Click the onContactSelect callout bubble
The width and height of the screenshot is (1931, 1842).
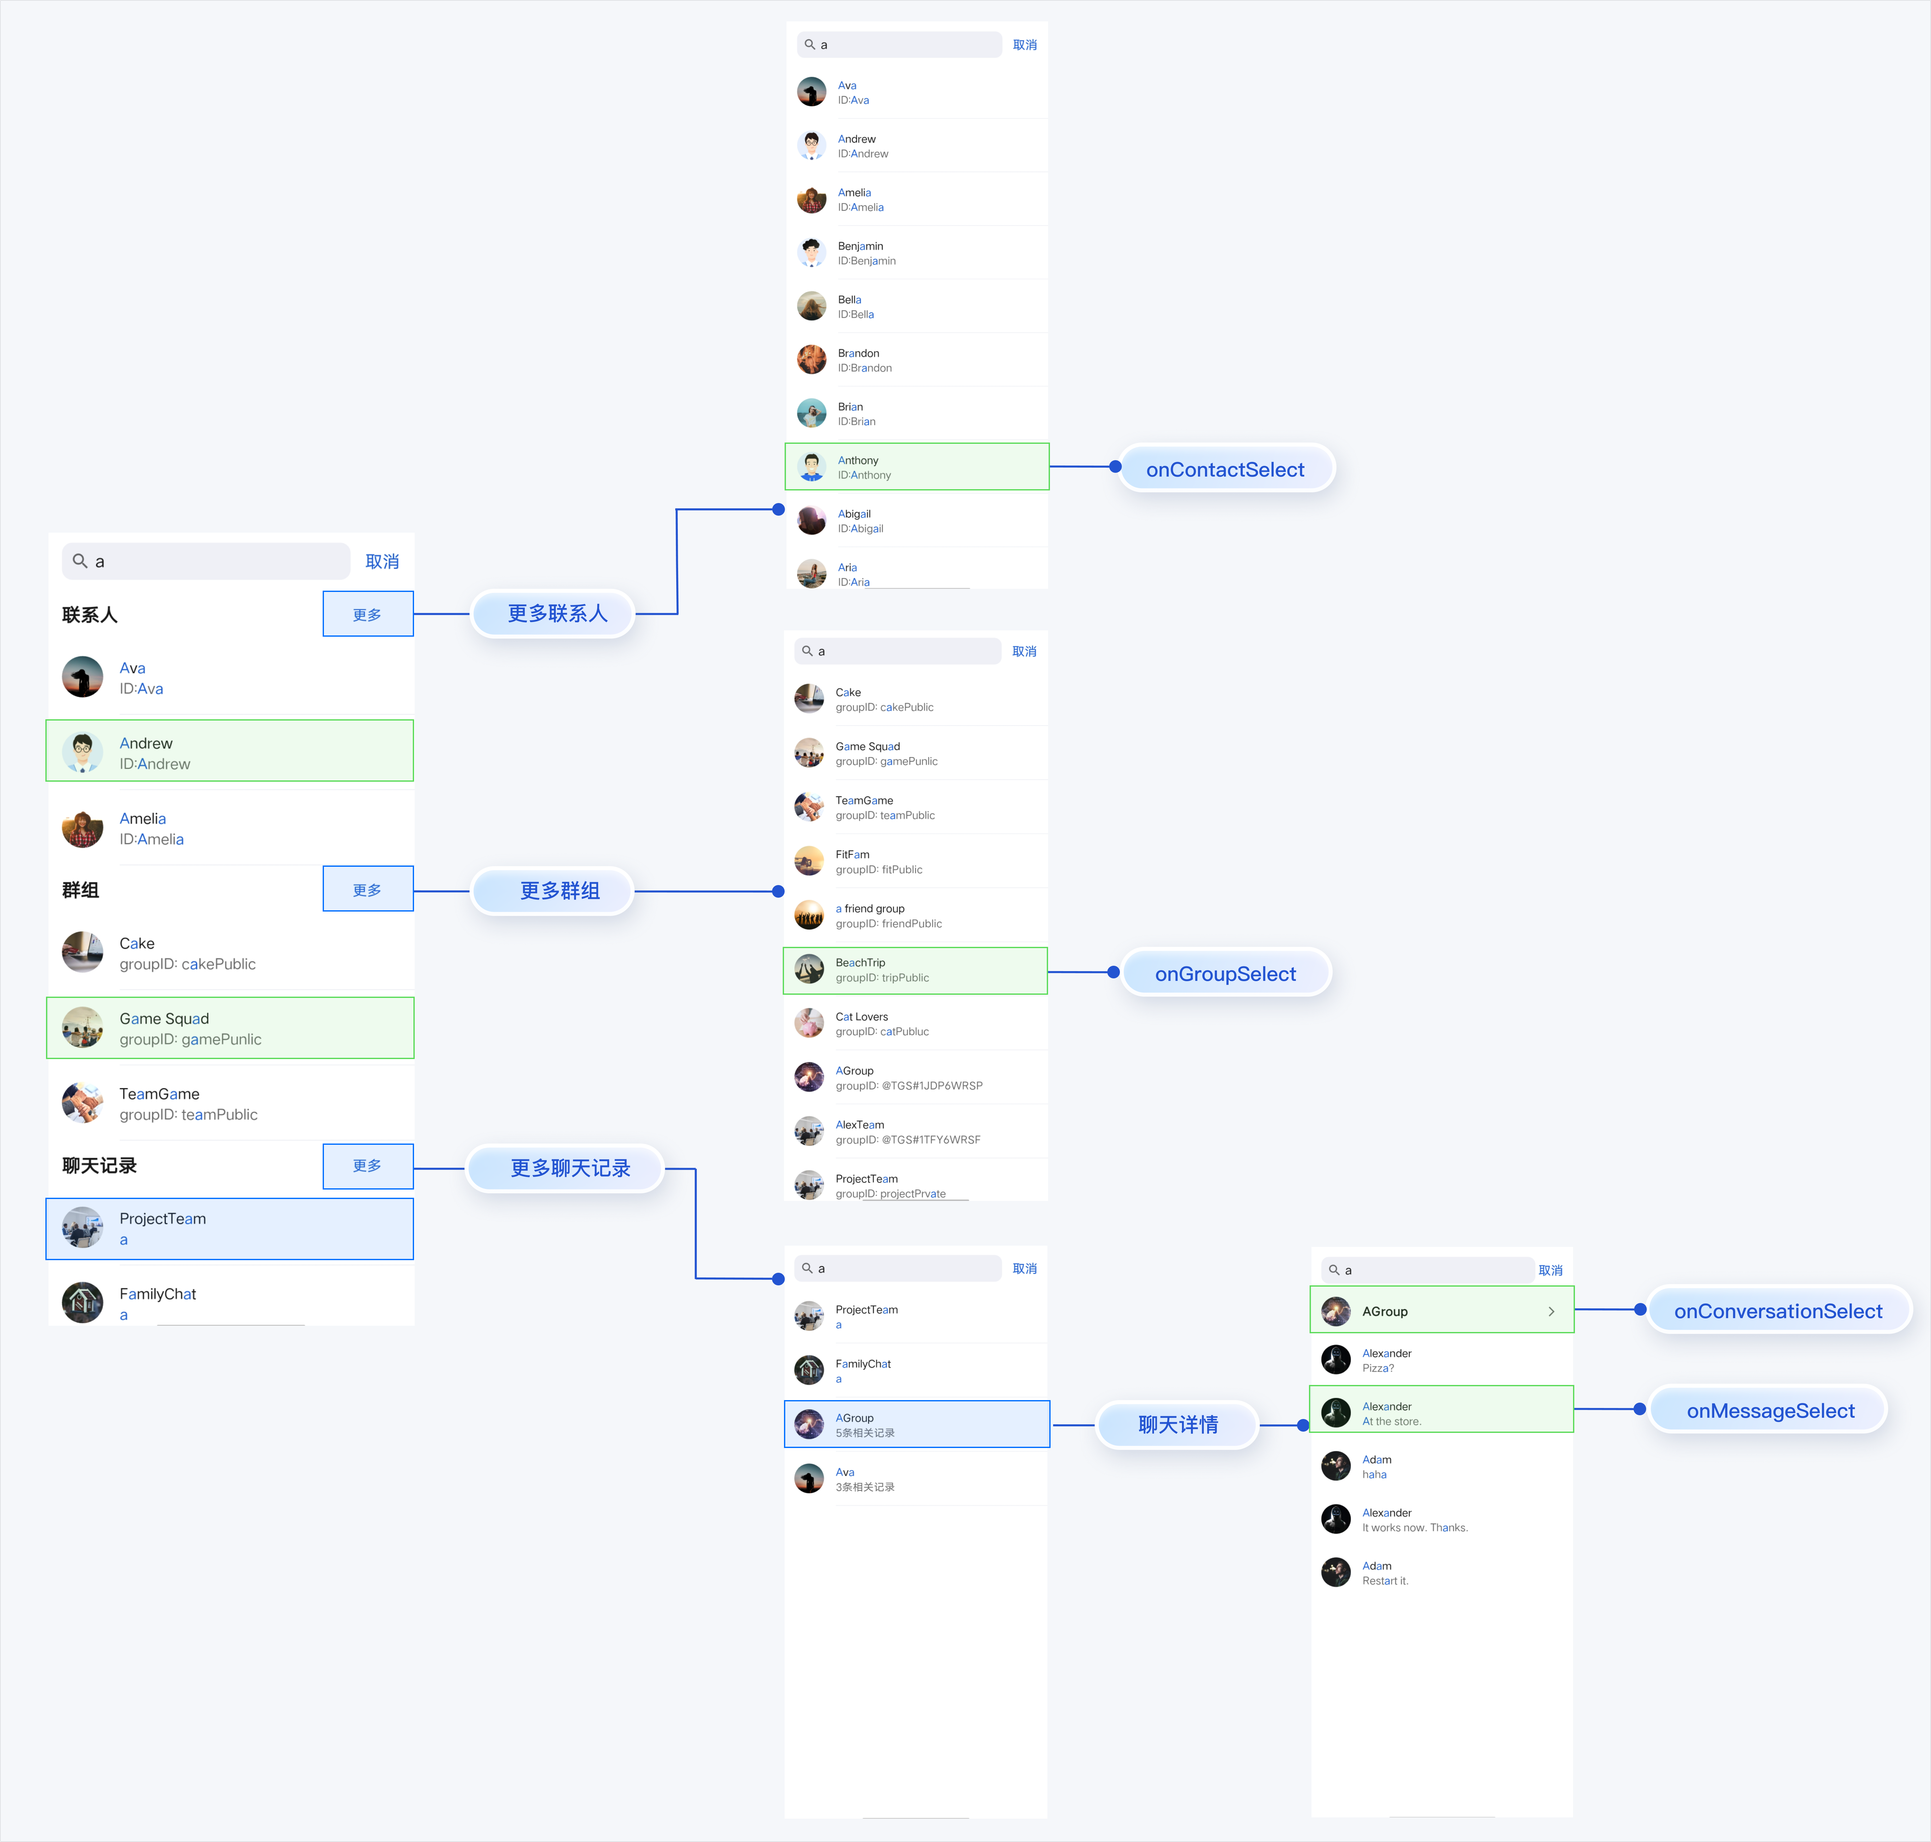tap(1225, 469)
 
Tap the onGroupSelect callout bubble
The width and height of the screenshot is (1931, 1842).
tap(1225, 973)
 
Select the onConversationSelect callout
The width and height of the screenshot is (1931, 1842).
tap(1778, 1311)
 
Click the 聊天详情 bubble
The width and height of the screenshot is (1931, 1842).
tap(1178, 1424)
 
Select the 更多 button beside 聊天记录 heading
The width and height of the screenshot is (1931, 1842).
tap(367, 1166)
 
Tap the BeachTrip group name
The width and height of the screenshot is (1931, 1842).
tap(860, 962)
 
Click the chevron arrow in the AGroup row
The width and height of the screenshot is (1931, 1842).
tap(1551, 1312)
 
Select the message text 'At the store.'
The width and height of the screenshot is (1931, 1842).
tap(1391, 1421)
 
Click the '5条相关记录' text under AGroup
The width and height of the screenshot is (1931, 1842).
tap(865, 1433)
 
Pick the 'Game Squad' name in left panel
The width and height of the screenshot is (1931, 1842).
tap(164, 1018)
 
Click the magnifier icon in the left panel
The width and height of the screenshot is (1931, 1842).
tap(79, 561)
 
